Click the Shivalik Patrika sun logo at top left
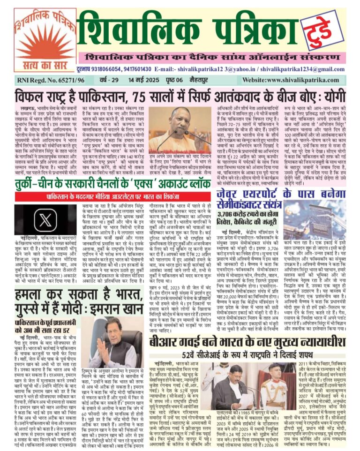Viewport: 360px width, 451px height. tap(38, 40)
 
